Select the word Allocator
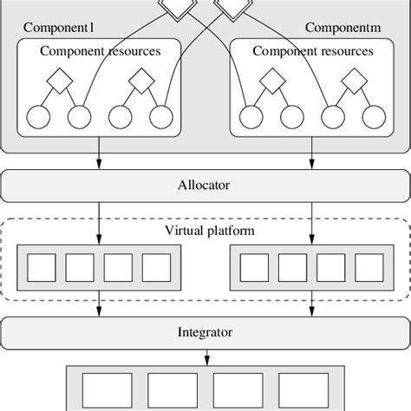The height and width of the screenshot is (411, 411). (x=205, y=185)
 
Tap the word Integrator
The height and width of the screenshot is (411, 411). (x=205, y=331)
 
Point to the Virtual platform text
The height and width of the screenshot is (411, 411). (x=205, y=232)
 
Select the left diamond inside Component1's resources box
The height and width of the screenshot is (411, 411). (x=57, y=84)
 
